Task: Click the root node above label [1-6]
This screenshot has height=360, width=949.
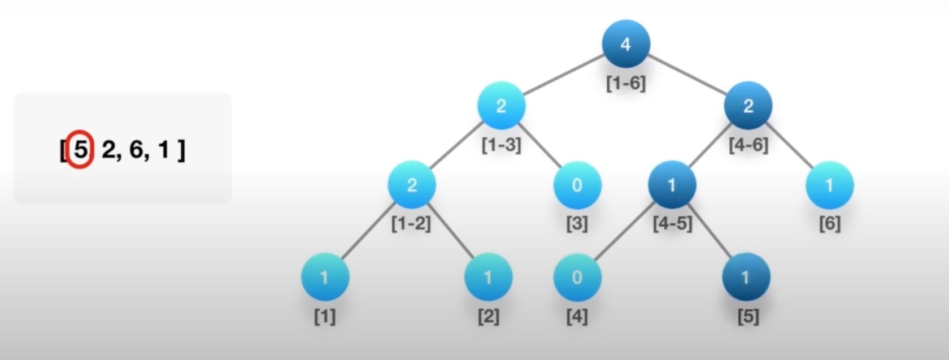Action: [625, 44]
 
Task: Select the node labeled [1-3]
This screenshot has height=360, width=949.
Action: [501, 106]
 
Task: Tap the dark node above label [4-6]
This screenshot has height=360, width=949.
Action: [748, 106]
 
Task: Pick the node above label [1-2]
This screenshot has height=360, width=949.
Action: [412, 185]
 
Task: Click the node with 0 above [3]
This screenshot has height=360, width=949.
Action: [577, 185]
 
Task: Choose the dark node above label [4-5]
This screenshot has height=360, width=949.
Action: [672, 185]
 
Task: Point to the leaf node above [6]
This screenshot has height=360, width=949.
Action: [829, 185]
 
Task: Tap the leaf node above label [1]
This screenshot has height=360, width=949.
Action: [325, 277]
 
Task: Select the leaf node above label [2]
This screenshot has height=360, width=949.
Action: [488, 277]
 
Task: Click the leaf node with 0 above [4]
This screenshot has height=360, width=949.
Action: [577, 277]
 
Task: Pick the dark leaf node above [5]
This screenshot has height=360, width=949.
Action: [746, 277]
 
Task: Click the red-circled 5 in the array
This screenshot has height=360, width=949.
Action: [81, 150]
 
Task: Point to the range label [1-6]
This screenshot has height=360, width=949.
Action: [625, 84]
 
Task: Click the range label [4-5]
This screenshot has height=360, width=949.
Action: [672, 223]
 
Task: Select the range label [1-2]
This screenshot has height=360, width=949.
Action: [411, 223]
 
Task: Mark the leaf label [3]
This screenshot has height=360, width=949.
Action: [577, 224]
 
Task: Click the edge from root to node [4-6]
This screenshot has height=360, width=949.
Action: [687, 75]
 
